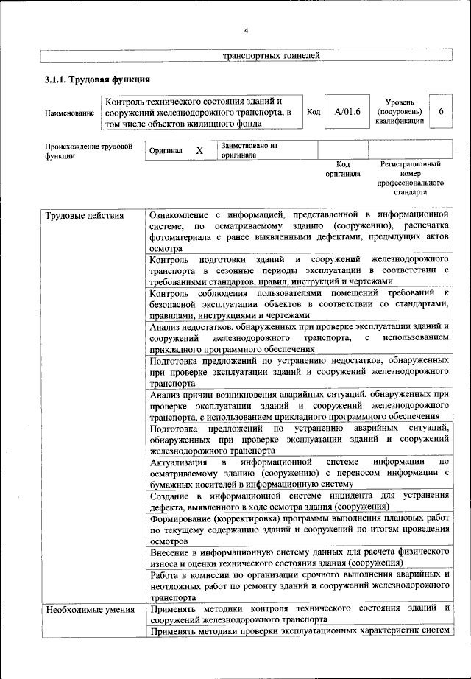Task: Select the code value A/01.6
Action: [342, 112]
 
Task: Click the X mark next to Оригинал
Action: [199, 150]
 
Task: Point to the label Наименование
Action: [69, 113]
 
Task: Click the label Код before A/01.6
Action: [314, 112]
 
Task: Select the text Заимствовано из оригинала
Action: [249, 150]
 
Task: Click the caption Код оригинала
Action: [343, 169]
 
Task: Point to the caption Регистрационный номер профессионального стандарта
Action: [410, 178]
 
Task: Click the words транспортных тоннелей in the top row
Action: [271, 55]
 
